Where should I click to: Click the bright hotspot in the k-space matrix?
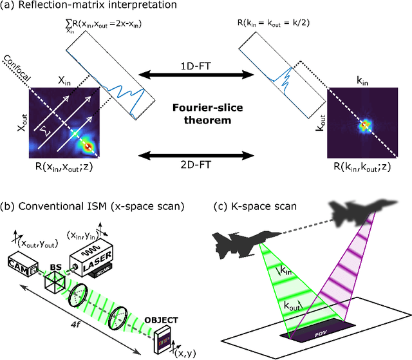[x=365, y=122]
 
